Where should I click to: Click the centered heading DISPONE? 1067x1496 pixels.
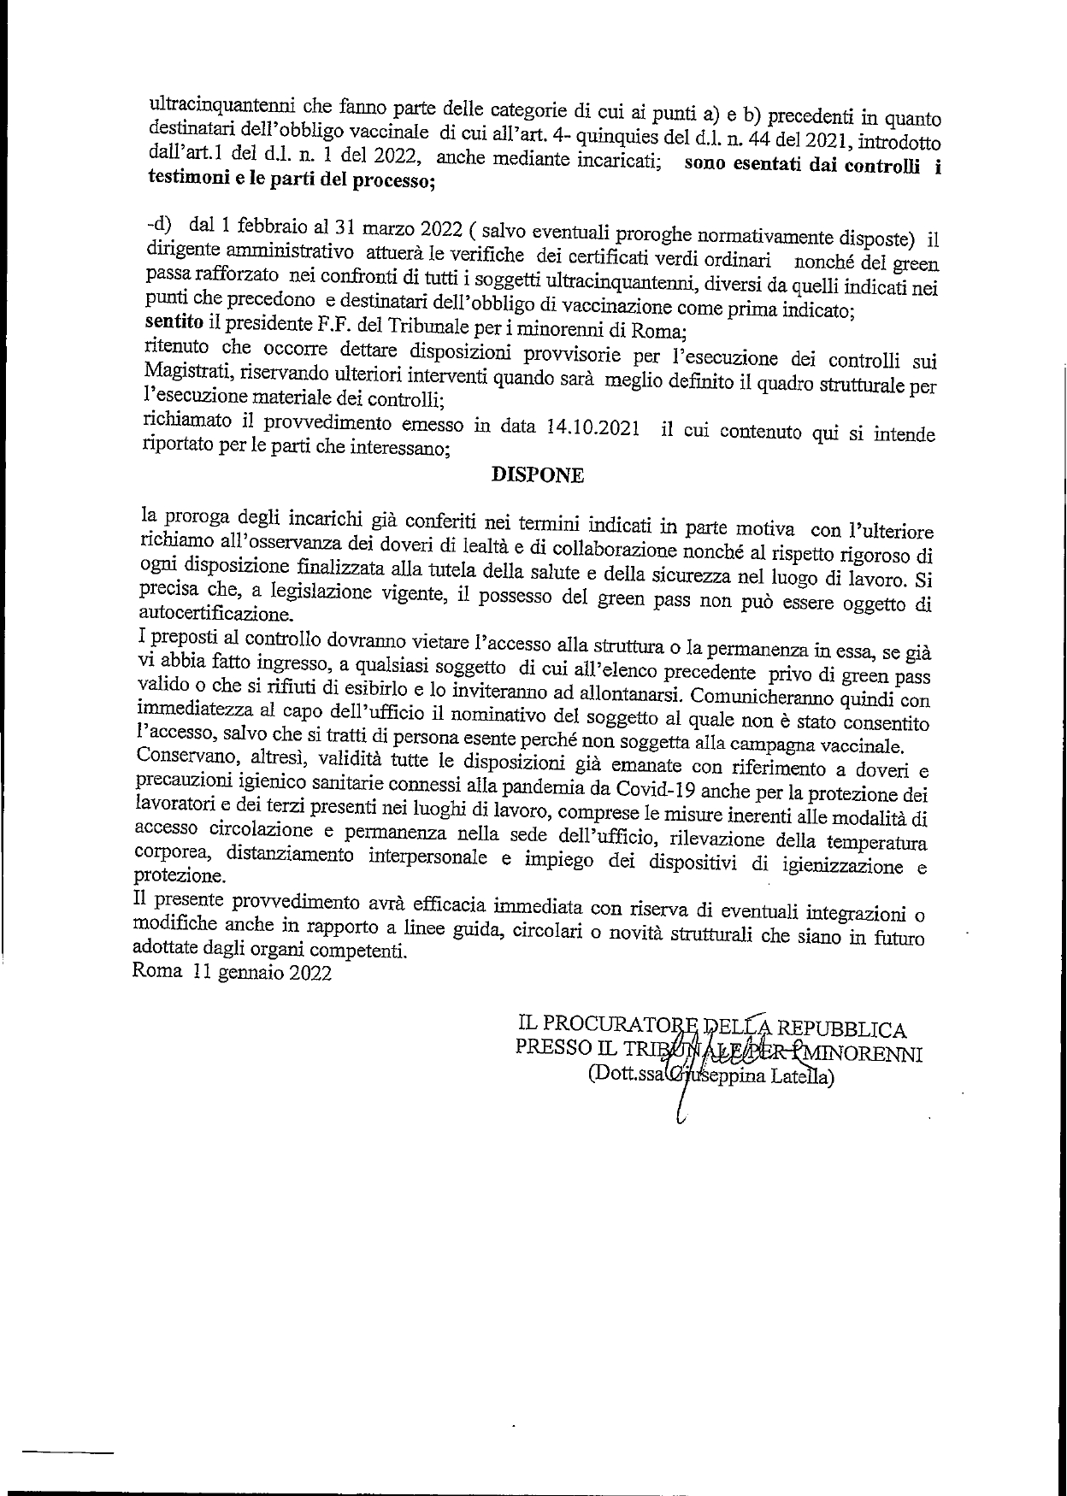[x=538, y=476]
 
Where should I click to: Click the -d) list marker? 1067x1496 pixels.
[x=159, y=223]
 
